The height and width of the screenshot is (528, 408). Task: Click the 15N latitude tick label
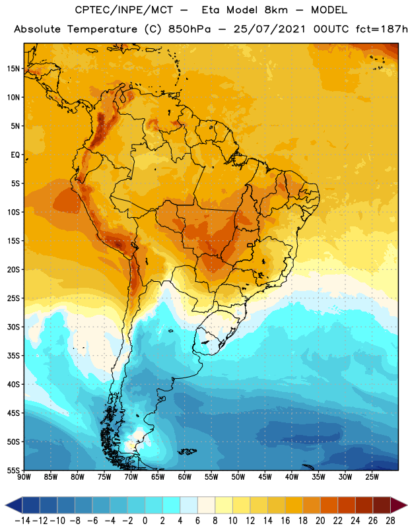click(x=13, y=69)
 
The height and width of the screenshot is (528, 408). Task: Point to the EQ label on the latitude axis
click(x=15, y=155)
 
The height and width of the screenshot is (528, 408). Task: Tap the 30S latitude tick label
click(x=13, y=327)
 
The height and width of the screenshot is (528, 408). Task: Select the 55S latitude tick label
click(x=13, y=471)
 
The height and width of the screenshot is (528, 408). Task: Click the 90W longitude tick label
click(x=24, y=477)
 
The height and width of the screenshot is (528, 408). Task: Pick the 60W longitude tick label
click(x=185, y=477)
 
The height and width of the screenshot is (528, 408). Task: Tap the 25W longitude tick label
click(x=372, y=477)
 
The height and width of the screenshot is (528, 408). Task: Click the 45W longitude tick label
click(x=265, y=477)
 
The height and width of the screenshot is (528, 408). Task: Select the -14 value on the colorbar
click(x=23, y=521)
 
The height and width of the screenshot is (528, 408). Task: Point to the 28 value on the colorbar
click(x=390, y=521)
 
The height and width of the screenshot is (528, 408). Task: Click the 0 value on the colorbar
click(x=145, y=521)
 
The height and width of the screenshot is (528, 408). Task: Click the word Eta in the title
click(x=211, y=10)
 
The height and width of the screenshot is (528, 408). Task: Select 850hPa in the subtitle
click(x=189, y=29)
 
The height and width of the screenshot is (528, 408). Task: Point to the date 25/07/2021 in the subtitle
click(x=269, y=29)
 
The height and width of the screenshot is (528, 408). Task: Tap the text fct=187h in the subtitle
click(x=382, y=29)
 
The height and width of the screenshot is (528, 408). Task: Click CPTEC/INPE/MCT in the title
click(x=124, y=10)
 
